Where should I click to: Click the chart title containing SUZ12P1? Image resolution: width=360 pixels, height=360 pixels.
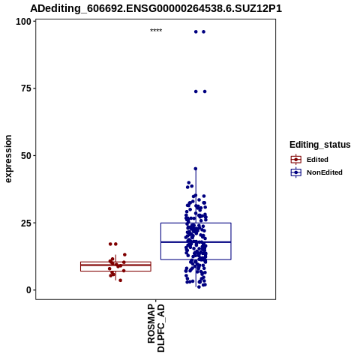(x=156, y=8)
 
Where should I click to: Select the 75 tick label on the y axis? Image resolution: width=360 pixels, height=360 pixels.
(x=26, y=88)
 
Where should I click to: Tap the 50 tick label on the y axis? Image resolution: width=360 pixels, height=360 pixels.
(x=26, y=156)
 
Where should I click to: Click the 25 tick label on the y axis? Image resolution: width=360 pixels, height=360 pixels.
(x=26, y=223)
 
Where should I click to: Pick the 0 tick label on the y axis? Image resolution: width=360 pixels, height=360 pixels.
(x=28, y=290)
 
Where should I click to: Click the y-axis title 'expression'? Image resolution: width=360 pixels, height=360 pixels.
(x=8, y=159)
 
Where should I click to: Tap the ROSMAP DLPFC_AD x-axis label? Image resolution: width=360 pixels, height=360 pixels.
(x=156, y=328)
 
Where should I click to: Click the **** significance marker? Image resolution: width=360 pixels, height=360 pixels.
(x=156, y=31)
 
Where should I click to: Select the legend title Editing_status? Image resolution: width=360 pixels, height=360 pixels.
(x=320, y=145)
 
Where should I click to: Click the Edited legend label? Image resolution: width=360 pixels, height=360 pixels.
(x=317, y=160)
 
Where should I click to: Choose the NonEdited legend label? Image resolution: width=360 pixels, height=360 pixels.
(x=325, y=172)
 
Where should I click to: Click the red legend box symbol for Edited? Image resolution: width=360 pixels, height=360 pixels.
(x=296, y=160)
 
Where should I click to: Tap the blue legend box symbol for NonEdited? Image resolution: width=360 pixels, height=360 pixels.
(x=296, y=172)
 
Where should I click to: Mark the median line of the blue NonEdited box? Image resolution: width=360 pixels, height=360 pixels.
(x=196, y=242)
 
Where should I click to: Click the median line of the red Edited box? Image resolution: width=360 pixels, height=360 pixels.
(x=115, y=265)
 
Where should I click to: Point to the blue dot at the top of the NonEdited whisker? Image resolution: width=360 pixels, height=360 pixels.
(x=196, y=169)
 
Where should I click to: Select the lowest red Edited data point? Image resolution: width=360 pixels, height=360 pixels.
(x=121, y=280)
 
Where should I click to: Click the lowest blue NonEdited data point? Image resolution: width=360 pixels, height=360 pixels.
(x=199, y=287)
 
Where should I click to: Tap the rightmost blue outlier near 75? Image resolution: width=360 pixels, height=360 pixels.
(x=205, y=91)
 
